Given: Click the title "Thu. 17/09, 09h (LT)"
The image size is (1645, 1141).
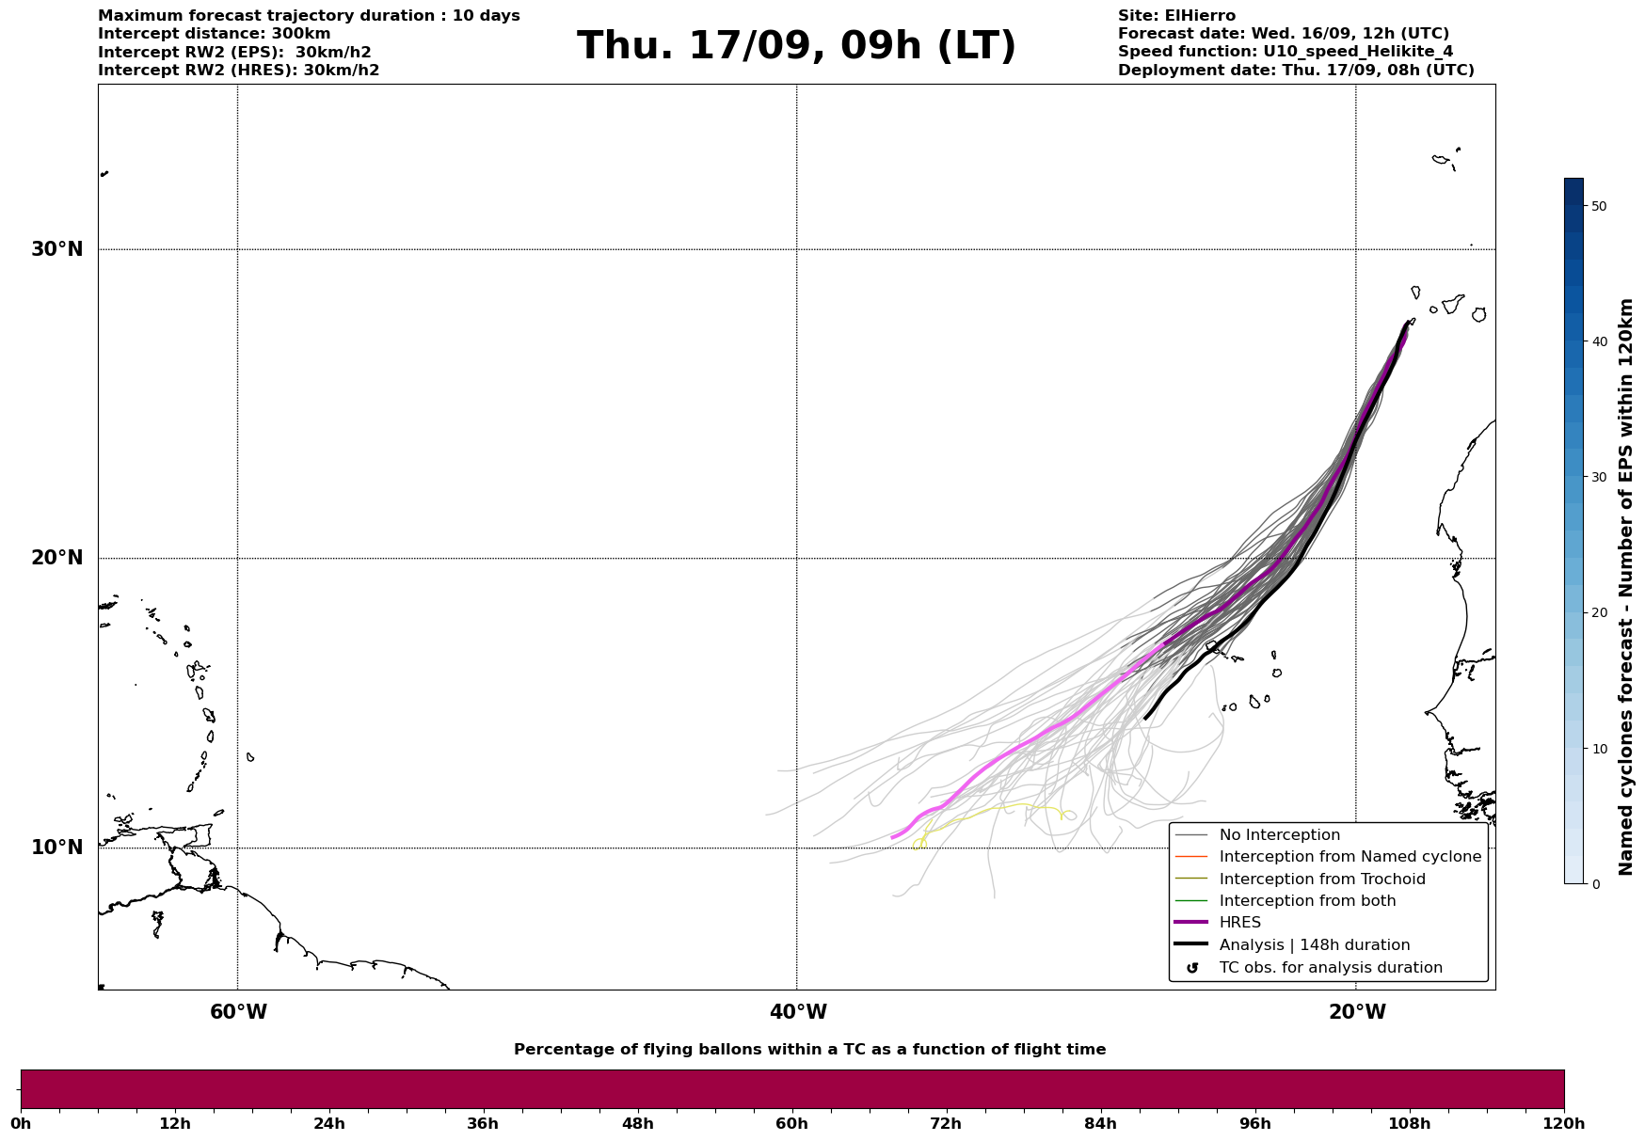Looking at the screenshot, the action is tap(796, 46).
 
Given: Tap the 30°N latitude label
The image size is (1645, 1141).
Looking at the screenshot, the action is tap(56, 249).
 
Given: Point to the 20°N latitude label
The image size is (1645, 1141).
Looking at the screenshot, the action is tap(56, 558).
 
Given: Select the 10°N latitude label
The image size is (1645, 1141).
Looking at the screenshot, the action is tap(56, 848).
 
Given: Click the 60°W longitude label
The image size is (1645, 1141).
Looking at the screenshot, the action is tap(238, 1012).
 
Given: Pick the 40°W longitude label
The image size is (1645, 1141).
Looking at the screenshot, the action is tap(798, 1012).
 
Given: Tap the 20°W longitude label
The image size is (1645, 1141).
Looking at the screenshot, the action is tap(1357, 1012).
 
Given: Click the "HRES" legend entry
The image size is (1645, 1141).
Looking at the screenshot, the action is tap(1239, 923).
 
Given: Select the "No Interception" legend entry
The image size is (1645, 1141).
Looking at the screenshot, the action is tap(1279, 835).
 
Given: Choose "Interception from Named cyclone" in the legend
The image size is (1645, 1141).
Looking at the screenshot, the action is tap(1350, 857).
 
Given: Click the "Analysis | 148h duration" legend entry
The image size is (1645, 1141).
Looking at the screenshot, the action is tap(1314, 945).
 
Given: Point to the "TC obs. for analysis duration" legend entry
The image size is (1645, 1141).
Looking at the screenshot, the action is tap(1330, 968).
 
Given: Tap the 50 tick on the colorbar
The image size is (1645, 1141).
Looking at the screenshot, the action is tap(1598, 206).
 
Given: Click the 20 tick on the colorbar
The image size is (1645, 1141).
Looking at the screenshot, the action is tap(1598, 612).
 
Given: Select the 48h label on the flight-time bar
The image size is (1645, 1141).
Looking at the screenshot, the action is tap(637, 1123).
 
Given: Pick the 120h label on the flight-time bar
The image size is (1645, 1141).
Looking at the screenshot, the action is tap(1562, 1123).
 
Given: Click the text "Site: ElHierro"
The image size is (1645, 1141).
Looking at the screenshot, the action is tap(1176, 16).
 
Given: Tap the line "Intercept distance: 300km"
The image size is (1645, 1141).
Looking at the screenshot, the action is tap(215, 34).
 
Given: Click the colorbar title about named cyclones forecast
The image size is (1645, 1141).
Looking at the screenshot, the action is tap(1625, 587).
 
